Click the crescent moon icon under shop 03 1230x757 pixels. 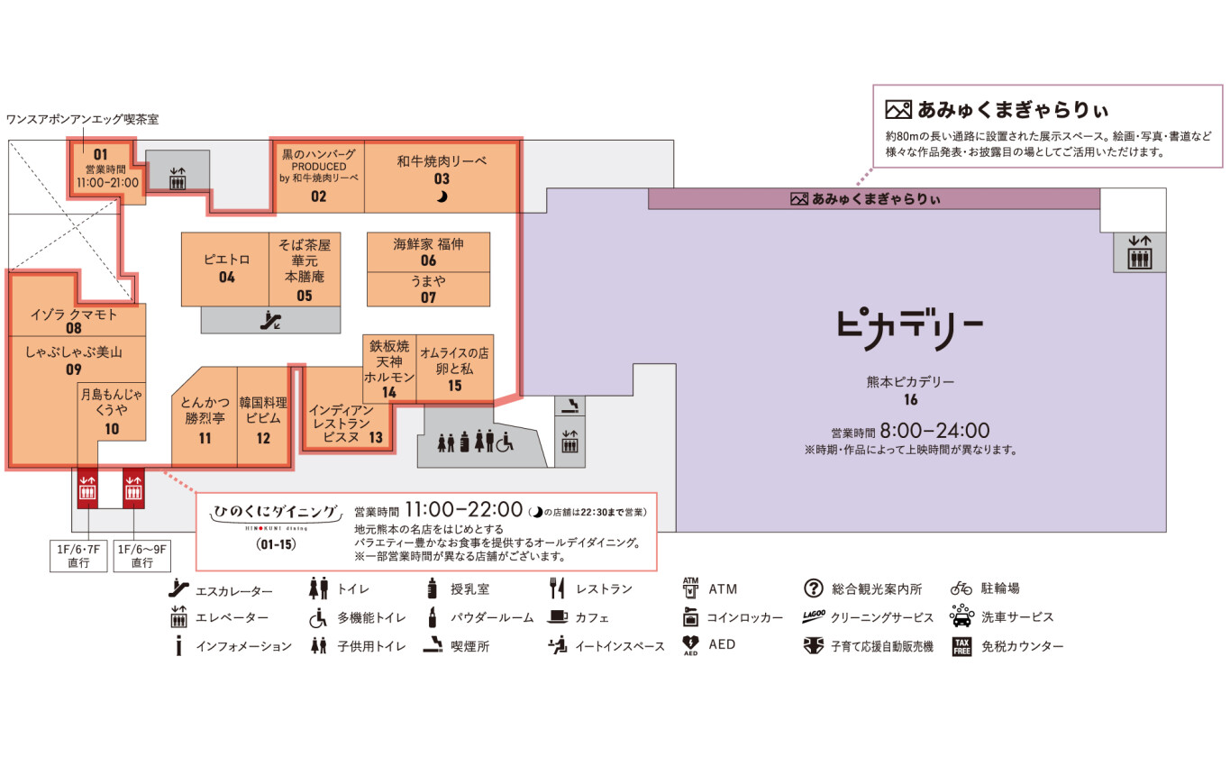[x=442, y=196]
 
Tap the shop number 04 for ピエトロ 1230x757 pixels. [x=227, y=278]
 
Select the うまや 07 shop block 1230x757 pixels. [x=428, y=289]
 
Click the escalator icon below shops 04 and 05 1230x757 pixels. [x=270, y=321]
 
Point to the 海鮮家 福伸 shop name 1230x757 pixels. [x=428, y=244]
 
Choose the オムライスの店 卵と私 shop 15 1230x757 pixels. [x=455, y=368]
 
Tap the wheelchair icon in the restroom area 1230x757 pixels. [x=505, y=442]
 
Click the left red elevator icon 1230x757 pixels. [x=87, y=488]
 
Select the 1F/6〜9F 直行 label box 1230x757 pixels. [x=141, y=556]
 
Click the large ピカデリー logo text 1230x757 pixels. [x=910, y=330]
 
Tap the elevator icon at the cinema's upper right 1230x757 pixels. [x=1139, y=252]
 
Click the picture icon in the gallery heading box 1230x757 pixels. [x=898, y=109]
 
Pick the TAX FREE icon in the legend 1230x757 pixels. [x=961, y=646]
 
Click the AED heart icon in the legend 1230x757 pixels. [x=690, y=644]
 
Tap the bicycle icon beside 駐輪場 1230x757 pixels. [x=961, y=588]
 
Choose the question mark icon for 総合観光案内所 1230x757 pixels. [x=813, y=588]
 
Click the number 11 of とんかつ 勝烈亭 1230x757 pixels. [x=205, y=438]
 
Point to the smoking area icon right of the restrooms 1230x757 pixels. [x=570, y=406]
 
